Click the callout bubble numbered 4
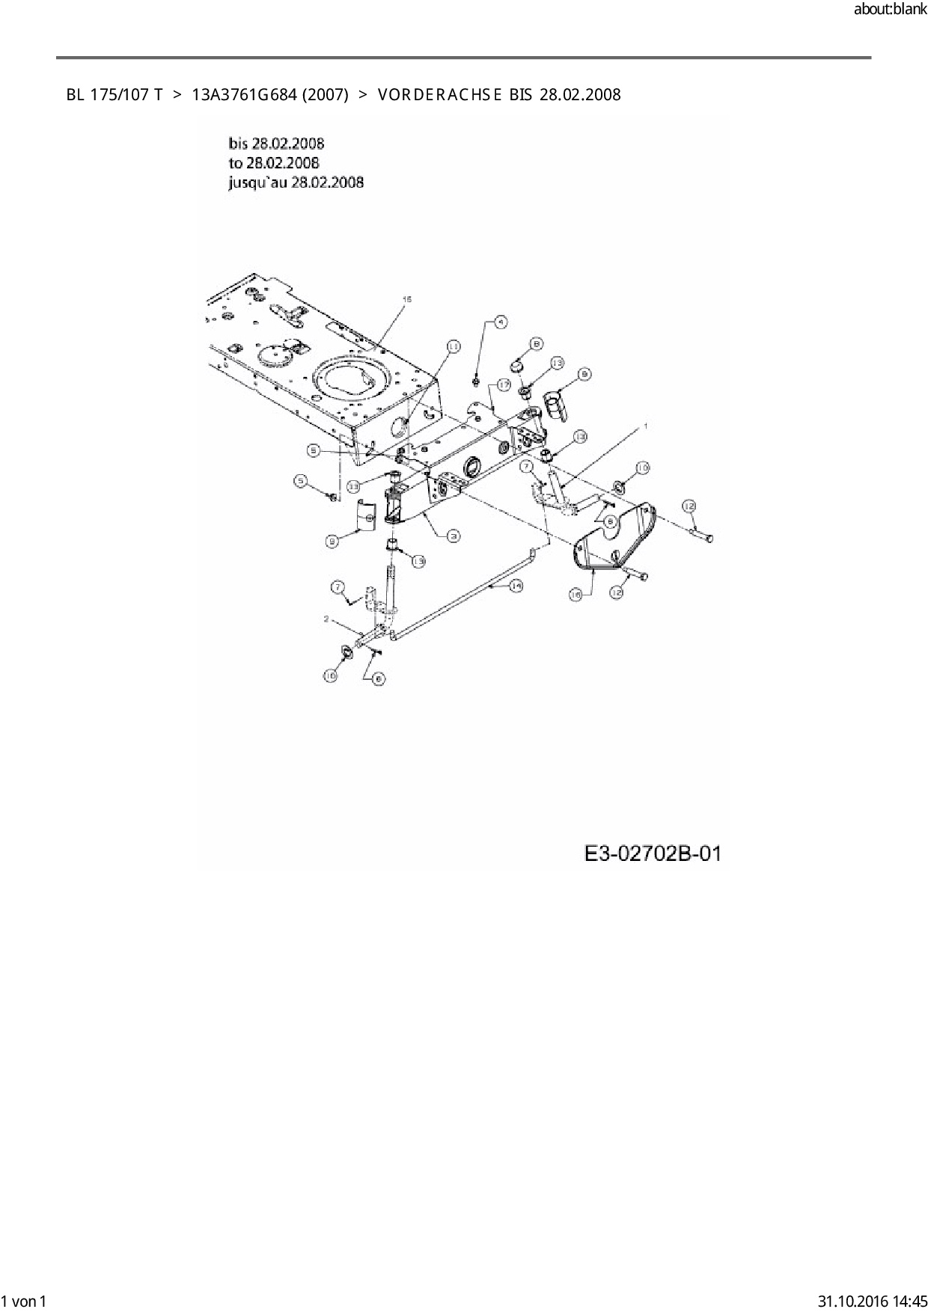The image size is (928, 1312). pyautogui.click(x=501, y=322)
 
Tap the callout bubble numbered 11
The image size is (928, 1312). pyautogui.click(x=453, y=346)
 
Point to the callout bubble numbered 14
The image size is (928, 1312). pyautogui.click(x=516, y=587)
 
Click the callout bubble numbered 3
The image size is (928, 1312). pyautogui.click(x=453, y=535)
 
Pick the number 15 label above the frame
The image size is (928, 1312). pyautogui.click(x=406, y=299)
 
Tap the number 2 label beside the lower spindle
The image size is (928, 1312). pyautogui.click(x=326, y=619)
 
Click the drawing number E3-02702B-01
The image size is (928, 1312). pyautogui.click(x=653, y=853)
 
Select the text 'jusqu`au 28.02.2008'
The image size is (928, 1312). pyautogui.click(x=296, y=183)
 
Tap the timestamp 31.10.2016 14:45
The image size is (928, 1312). pyautogui.click(x=873, y=1301)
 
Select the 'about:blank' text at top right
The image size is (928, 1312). pyautogui.click(x=890, y=10)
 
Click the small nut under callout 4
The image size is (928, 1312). pyautogui.click(x=477, y=383)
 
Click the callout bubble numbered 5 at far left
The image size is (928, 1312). pyautogui.click(x=301, y=481)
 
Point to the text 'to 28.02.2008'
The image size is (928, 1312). pyautogui.click(x=274, y=163)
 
